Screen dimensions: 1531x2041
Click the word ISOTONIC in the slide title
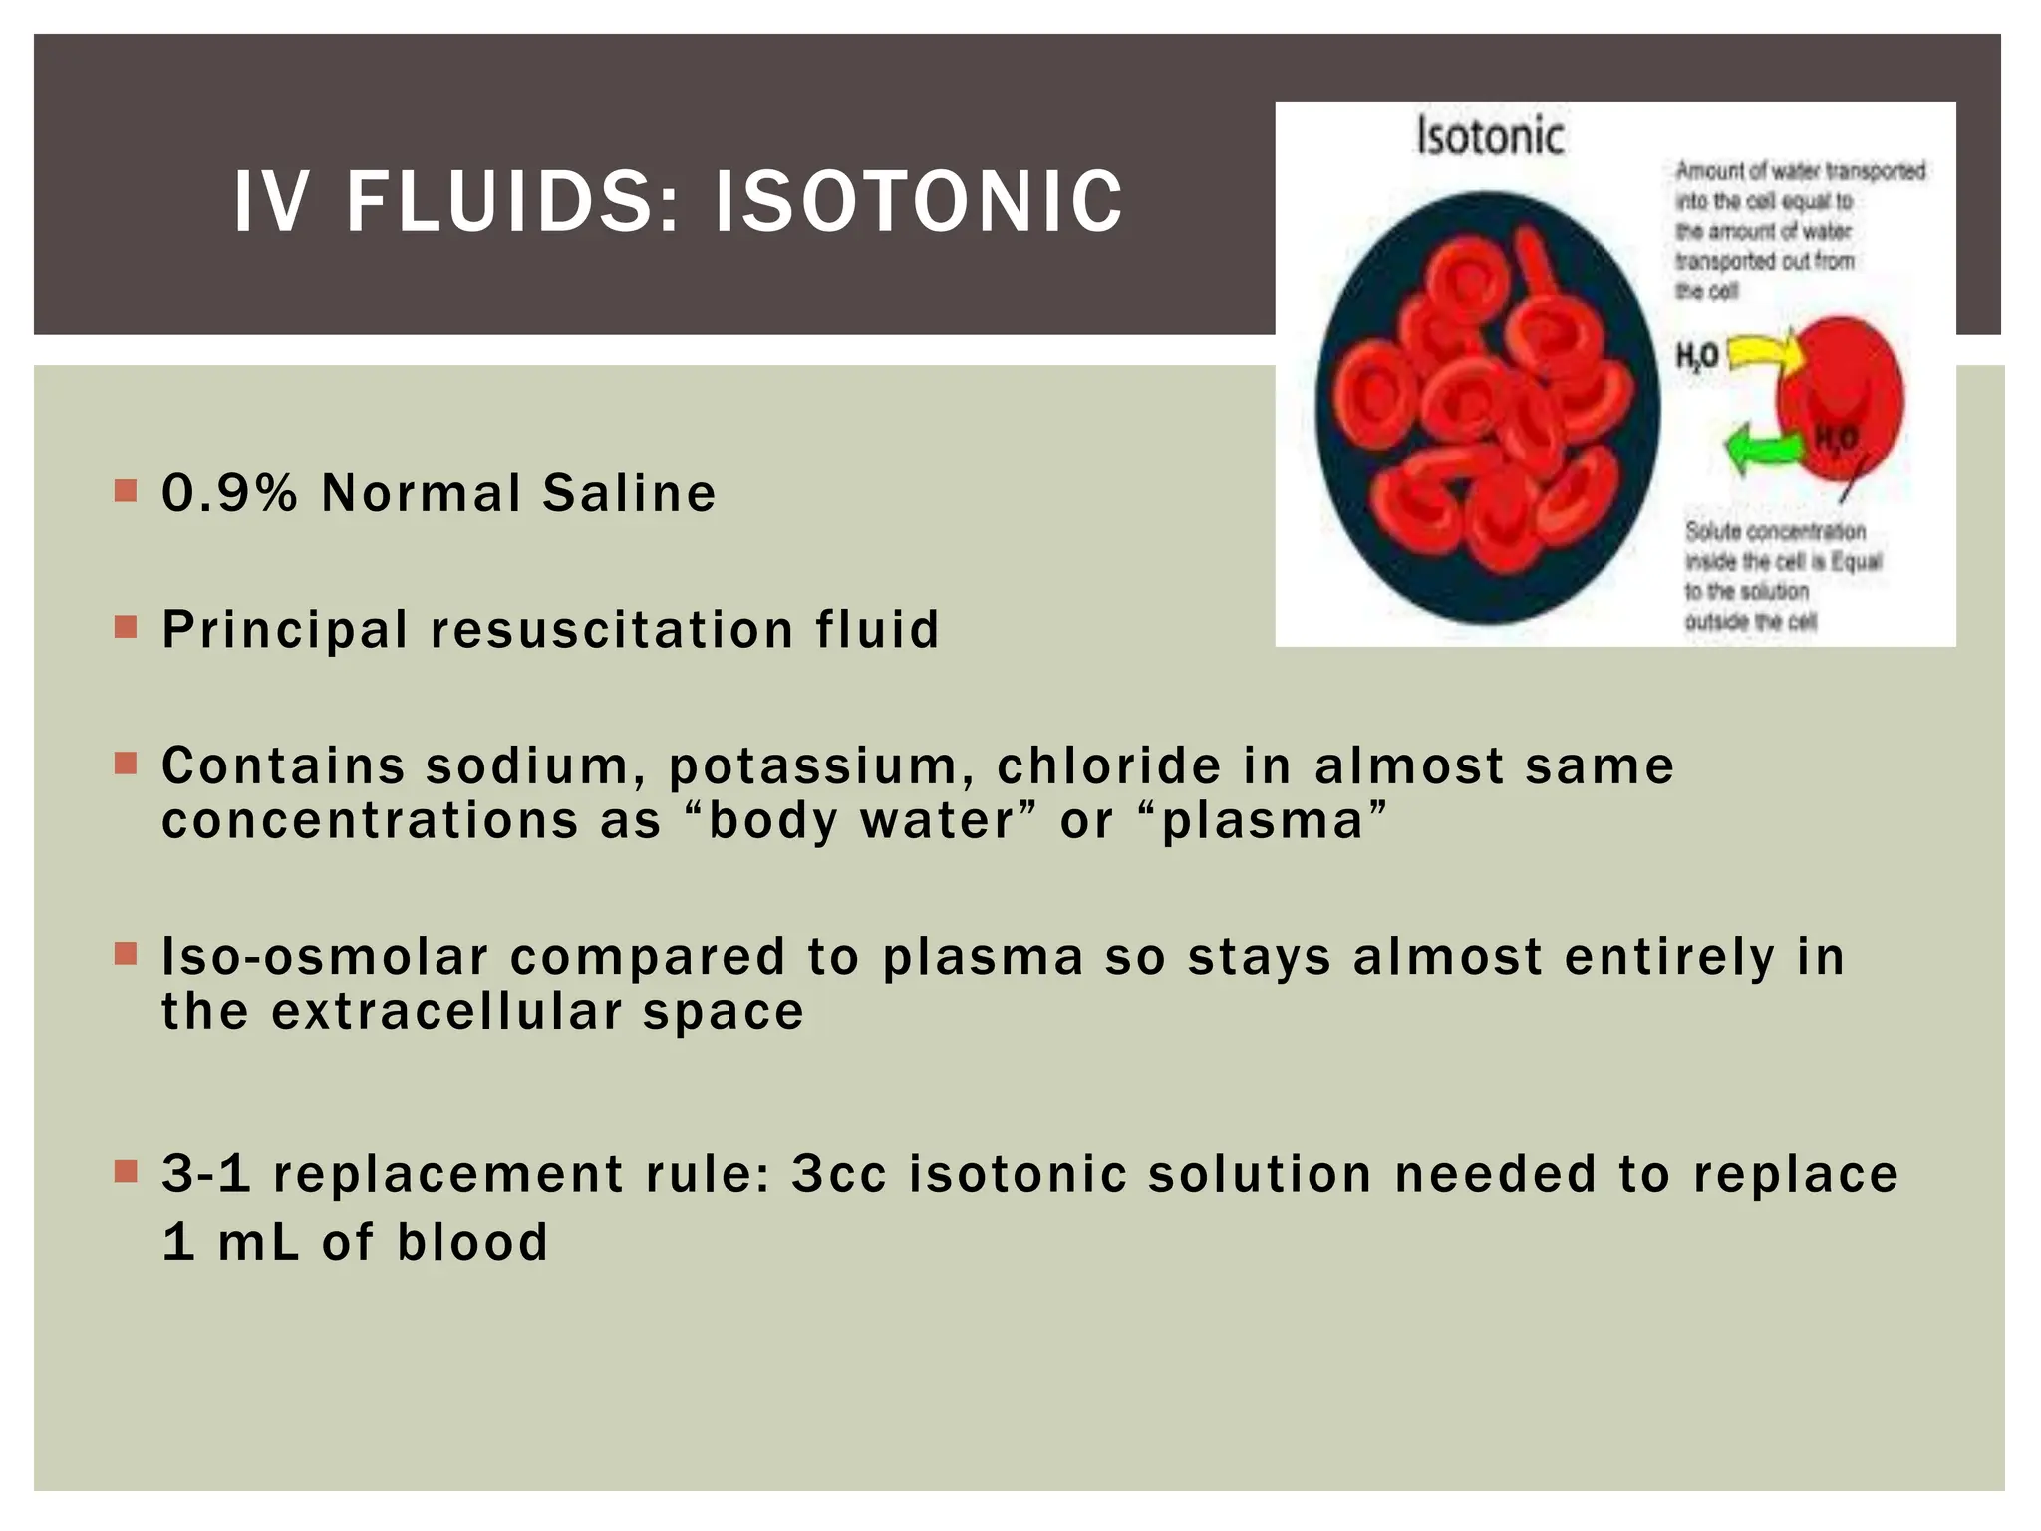point(918,202)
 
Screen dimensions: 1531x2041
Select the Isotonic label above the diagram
point(1490,137)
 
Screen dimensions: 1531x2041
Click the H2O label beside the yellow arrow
point(1696,356)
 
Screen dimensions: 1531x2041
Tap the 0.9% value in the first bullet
point(229,493)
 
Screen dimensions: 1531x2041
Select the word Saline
point(629,493)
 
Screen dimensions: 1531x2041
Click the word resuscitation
point(611,630)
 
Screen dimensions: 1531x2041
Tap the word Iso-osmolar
point(325,957)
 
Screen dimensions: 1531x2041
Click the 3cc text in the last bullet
point(838,1174)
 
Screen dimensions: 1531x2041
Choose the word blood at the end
point(472,1243)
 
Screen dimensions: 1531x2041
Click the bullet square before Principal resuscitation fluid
point(126,627)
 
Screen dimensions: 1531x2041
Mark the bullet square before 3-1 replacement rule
point(126,1170)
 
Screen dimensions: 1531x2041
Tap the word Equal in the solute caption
point(1856,561)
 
